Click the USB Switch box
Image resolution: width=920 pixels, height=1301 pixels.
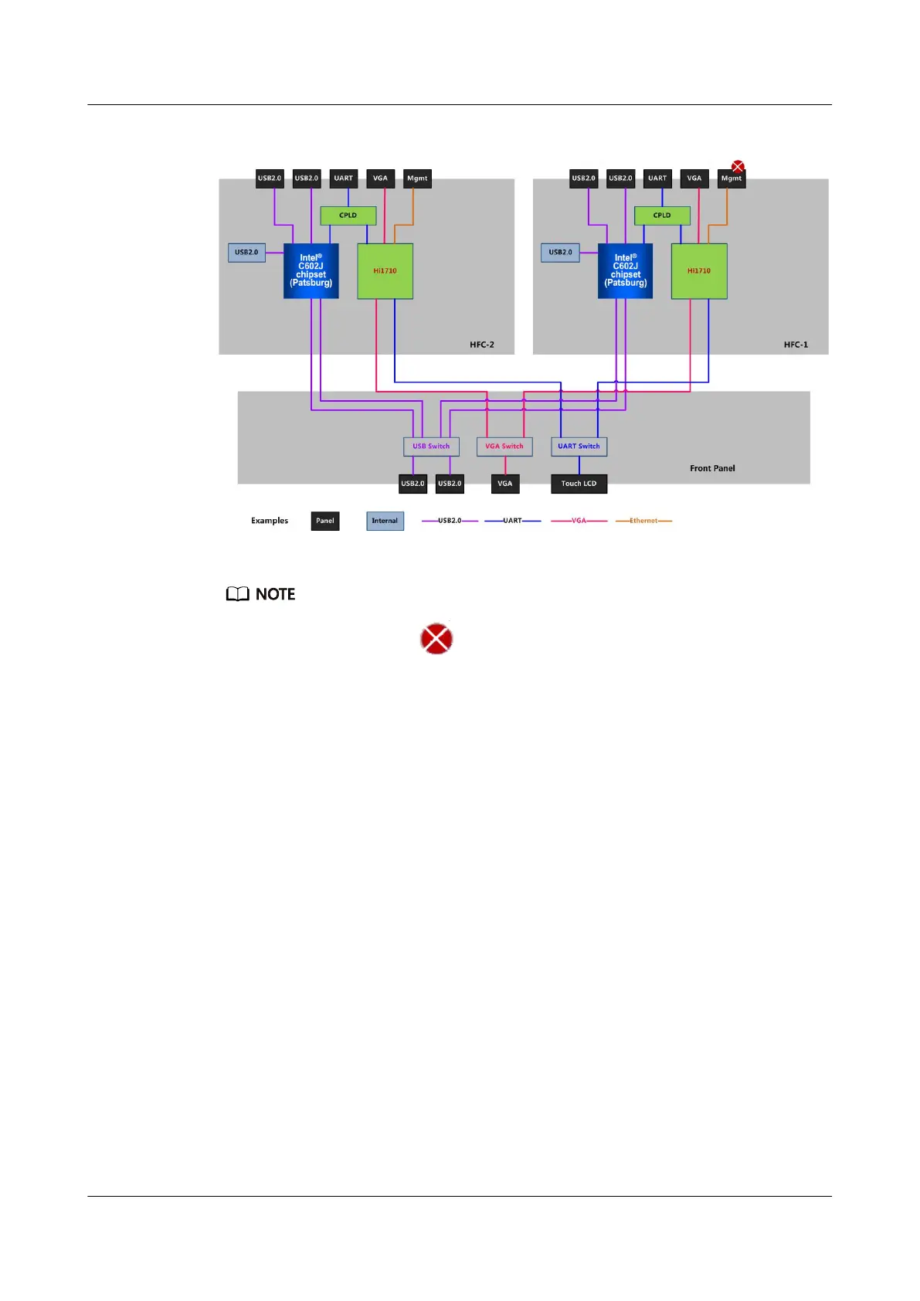click(x=431, y=447)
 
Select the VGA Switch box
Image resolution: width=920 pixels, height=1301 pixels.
click(x=504, y=447)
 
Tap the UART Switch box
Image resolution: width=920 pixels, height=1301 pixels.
click(x=579, y=447)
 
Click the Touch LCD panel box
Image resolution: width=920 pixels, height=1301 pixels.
click(x=579, y=484)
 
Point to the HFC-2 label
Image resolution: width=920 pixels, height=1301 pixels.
click(x=482, y=345)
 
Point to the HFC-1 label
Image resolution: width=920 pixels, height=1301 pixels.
click(x=796, y=345)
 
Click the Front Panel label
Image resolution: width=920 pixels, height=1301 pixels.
click(x=712, y=468)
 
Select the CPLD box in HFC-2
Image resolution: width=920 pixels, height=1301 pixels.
click(x=348, y=216)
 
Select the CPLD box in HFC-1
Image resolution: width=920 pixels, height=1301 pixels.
click(x=662, y=216)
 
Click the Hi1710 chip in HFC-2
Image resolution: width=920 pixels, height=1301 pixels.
click(x=385, y=271)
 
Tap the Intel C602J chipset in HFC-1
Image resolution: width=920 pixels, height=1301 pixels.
click(x=625, y=271)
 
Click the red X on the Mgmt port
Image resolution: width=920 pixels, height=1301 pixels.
click(x=738, y=166)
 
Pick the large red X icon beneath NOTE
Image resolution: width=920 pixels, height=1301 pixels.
click(x=436, y=639)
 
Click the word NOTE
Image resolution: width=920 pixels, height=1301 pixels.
click(x=275, y=594)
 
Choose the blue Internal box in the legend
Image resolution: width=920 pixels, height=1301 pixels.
click(x=385, y=521)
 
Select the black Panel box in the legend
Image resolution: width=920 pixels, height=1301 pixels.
click(x=325, y=521)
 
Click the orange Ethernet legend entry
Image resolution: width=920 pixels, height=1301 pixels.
click(x=643, y=521)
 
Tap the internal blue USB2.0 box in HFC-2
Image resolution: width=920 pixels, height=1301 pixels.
click(x=246, y=253)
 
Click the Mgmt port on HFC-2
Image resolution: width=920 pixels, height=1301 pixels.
click(x=417, y=178)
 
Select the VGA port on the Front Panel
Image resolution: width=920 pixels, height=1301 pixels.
click(x=505, y=484)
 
